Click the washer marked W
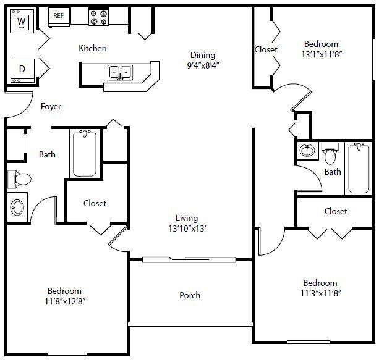tap(22, 23)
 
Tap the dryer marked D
tap(22, 69)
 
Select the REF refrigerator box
tap(58, 16)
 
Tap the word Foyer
tap(51, 106)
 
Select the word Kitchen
tap(93, 48)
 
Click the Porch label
tap(190, 295)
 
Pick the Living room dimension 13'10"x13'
tap(186, 228)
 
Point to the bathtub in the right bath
tap(359, 167)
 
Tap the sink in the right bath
tap(306, 150)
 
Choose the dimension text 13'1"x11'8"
tap(321, 55)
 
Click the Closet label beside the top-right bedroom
tap(266, 49)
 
